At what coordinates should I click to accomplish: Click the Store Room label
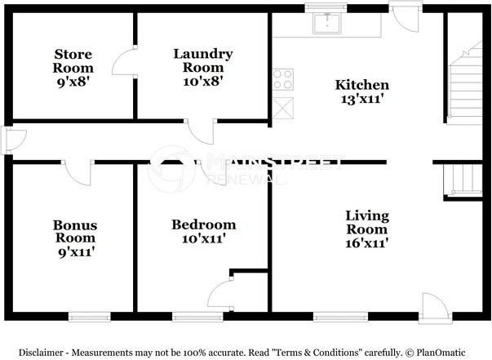tap(73, 61)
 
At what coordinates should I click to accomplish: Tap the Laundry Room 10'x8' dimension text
tap(203, 82)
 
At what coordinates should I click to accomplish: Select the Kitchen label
tap(362, 85)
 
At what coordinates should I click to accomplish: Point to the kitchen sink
tap(326, 23)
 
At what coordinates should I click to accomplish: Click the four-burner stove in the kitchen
tap(283, 79)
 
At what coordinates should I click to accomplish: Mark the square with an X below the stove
tap(283, 109)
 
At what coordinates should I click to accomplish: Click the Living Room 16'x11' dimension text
tap(367, 243)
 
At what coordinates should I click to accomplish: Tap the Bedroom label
tap(204, 224)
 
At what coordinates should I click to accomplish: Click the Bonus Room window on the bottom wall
tap(90, 317)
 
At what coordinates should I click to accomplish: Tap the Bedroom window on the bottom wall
tap(197, 317)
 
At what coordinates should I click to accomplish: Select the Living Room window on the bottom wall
tap(340, 317)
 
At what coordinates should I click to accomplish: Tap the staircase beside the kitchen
tap(465, 83)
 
